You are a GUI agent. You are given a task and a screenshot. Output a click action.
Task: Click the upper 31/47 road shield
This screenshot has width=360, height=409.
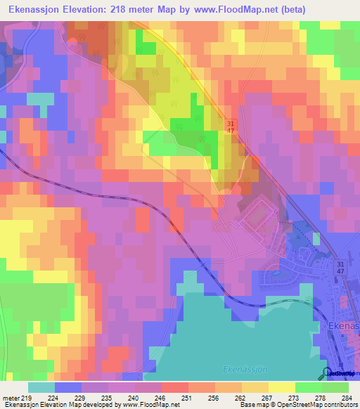pos(230,126)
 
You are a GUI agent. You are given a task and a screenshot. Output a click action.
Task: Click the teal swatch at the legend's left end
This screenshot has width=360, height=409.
pos(41,387)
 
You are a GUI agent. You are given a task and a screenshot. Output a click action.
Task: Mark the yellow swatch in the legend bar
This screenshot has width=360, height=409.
pos(282,387)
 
